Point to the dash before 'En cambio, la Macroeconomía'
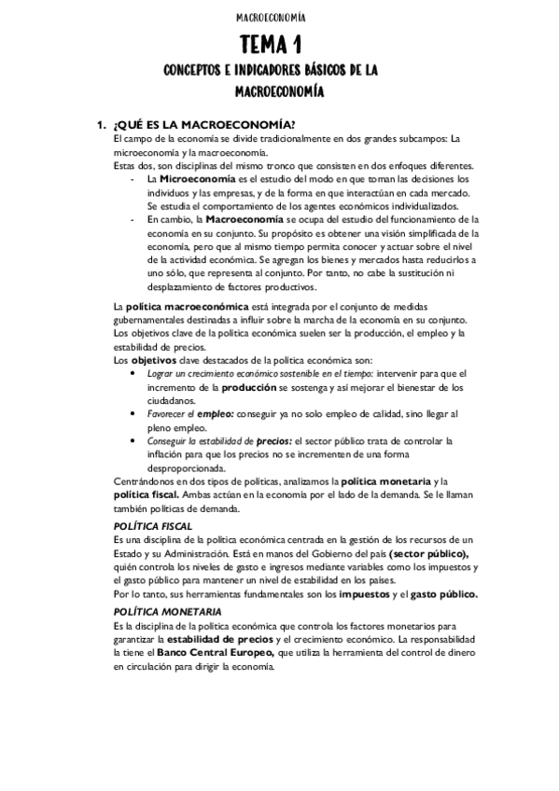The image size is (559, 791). point(136,219)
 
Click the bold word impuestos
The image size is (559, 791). point(365,593)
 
